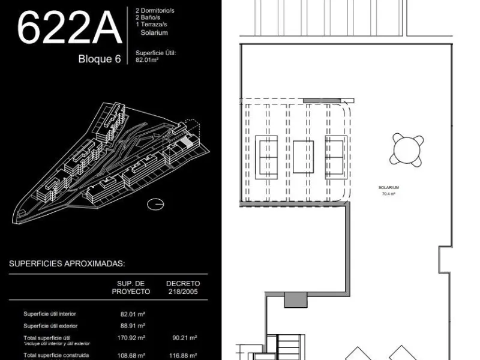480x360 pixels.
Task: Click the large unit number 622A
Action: click(70, 27)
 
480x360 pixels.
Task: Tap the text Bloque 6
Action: click(100, 58)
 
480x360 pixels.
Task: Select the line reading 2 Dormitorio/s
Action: click(155, 10)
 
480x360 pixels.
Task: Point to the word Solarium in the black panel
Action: click(154, 33)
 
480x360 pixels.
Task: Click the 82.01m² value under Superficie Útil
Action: click(147, 60)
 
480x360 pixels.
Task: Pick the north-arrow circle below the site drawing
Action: click(155, 204)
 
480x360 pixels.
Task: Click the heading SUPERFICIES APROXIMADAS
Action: click(67, 263)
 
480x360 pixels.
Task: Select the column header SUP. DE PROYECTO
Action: click(131, 287)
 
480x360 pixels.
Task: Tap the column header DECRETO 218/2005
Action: click(183, 287)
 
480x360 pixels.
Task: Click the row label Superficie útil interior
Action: click(50, 314)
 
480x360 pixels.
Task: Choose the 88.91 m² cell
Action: click(133, 326)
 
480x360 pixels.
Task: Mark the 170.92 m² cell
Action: click(131, 338)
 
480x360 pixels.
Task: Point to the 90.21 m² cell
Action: click(185, 338)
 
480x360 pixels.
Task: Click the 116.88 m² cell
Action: click(183, 356)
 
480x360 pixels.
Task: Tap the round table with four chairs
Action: click(407, 150)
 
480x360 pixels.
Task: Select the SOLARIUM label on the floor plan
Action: click(388, 187)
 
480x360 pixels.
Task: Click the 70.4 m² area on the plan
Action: click(388, 194)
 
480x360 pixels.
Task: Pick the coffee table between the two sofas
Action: click(303, 157)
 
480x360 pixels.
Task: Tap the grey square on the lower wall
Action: click(295, 299)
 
